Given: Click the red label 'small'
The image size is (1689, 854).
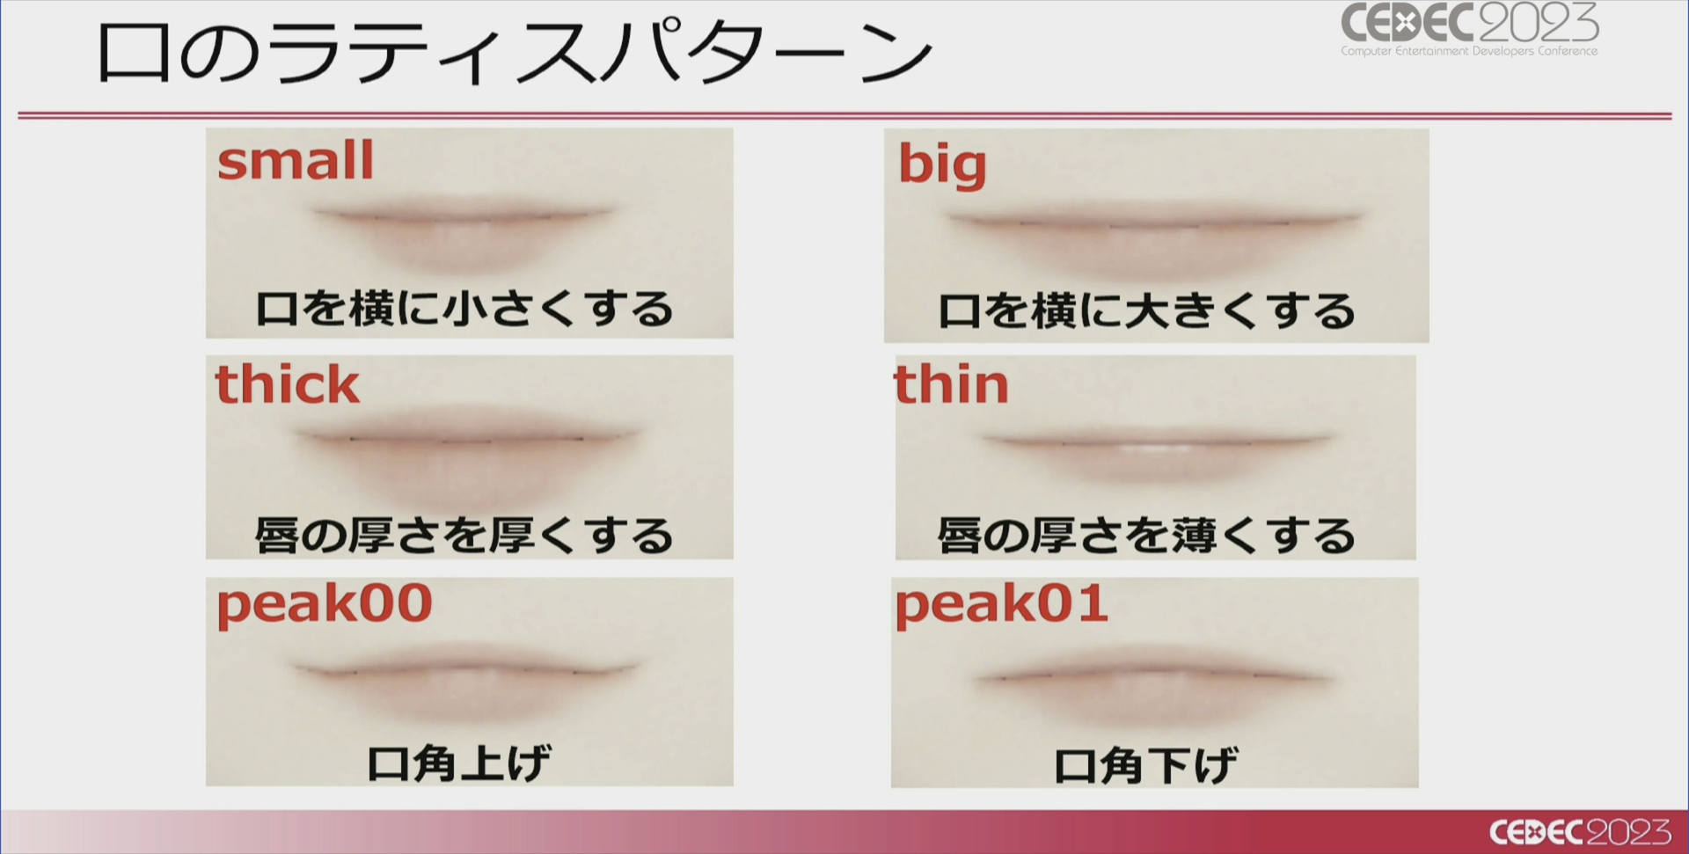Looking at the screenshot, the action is (296, 160).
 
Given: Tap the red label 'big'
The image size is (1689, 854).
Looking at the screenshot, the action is (942, 164).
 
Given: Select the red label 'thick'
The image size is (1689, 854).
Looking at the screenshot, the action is (288, 384).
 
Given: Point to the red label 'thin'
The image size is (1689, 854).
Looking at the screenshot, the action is (951, 384).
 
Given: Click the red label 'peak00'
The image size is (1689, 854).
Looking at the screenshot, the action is (325, 605).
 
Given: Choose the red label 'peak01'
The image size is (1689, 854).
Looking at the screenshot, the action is (1001, 605).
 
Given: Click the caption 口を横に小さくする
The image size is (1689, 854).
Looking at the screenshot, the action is (464, 309).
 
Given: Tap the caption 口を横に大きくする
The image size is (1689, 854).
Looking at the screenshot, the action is (1147, 311).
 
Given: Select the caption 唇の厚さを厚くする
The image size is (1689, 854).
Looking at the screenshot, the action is (464, 536).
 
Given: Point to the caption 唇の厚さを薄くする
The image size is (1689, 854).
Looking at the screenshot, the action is (1147, 536).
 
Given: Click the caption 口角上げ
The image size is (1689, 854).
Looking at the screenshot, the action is (459, 763).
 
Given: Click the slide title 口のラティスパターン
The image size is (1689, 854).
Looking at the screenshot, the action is (514, 53).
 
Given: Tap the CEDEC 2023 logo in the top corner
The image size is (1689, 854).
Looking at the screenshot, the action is (1470, 29).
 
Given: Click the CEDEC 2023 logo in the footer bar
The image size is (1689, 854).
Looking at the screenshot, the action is (1580, 832).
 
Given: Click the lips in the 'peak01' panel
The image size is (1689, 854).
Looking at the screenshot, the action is (1154, 686).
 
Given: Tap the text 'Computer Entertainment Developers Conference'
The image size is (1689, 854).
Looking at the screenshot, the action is (1469, 51).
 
